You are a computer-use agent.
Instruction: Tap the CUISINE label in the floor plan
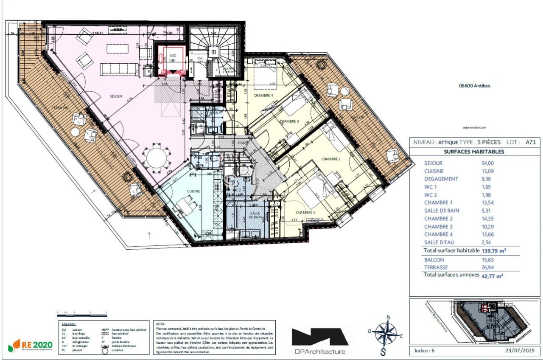(193, 191)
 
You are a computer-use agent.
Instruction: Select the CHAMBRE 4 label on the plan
(263, 96)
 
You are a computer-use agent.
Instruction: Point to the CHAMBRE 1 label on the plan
(305, 212)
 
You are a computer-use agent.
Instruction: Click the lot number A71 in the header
(531, 142)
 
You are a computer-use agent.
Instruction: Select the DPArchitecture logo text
(320, 351)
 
